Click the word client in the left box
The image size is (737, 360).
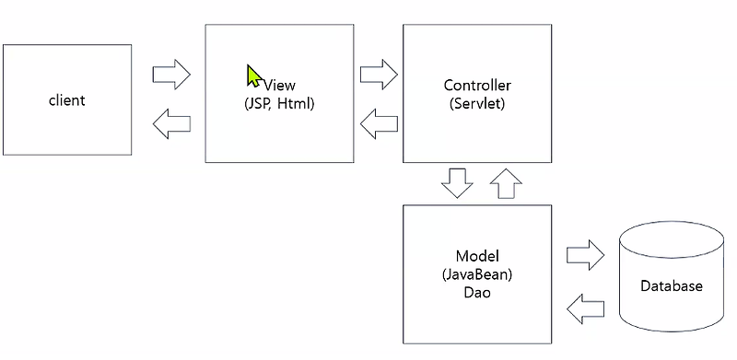66,99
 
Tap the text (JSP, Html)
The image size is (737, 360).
279,103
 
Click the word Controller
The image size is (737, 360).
477,86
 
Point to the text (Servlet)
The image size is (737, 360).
477,103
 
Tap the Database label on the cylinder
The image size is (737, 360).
671,286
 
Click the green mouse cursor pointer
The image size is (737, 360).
253,75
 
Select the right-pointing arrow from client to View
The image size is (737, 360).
170,74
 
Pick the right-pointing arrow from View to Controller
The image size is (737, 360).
378,72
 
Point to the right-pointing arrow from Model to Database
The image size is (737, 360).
584,255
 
